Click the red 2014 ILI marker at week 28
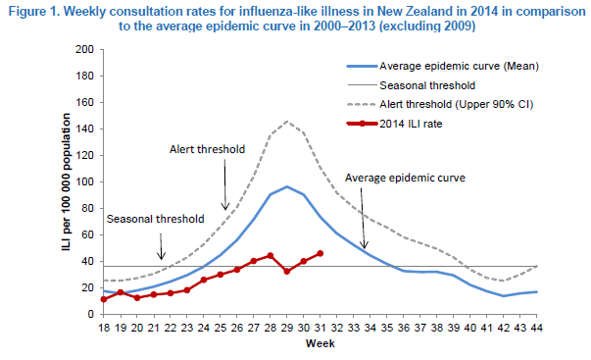pyautogui.click(x=270, y=256)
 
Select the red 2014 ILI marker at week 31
pyautogui.click(x=320, y=254)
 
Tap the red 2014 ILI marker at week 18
pyautogui.click(x=104, y=299)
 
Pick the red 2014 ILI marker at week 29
pyautogui.click(x=287, y=272)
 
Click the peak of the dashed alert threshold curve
pyautogui.click(x=287, y=122)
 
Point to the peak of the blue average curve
pyautogui.click(x=287, y=186)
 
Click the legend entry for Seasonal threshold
pyautogui.click(x=411, y=85)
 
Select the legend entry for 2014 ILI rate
pyautogui.click(x=394, y=124)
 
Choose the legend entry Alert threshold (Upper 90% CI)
pyautogui.click(x=440, y=104)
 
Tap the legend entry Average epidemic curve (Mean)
pyautogui.click(x=443, y=66)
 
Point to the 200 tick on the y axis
pyautogui.click(x=85, y=49)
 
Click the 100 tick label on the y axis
pyautogui.click(x=85, y=181)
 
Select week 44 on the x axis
pyautogui.click(x=537, y=328)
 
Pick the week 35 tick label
pyautogui.click(x=387, y=328)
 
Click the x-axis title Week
pyautogui.click(x=320, y=343)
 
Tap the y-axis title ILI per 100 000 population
pyautogui.click(x=67, y=181)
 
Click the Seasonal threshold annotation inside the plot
pyautogui.click(x=155, y=219)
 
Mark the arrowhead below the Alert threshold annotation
pyautogui.click(x=225, y=207)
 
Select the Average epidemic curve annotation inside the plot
pyautogui.click(x=405, y=178)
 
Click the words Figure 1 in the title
pyautogui.click(x=32, y=12)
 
